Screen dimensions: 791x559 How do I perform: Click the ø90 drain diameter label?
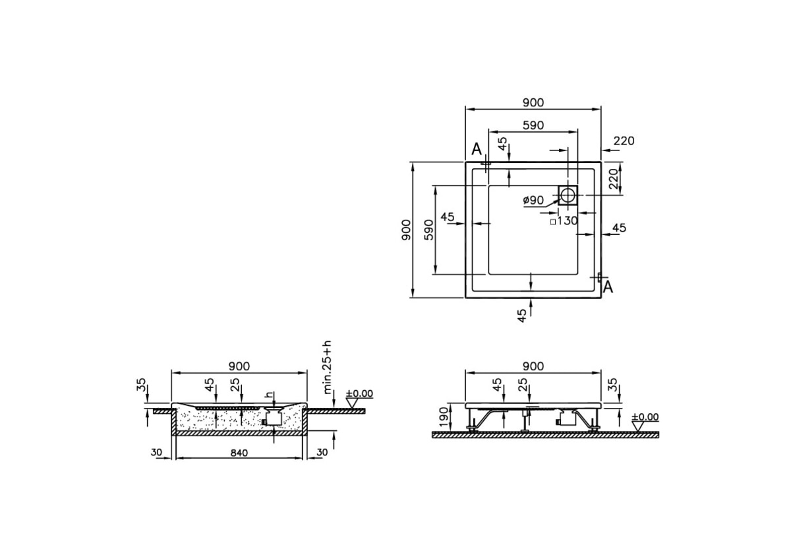tap(533, 201)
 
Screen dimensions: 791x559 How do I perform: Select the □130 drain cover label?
tap(564, 220)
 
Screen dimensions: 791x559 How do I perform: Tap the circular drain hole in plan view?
tap(568, 195)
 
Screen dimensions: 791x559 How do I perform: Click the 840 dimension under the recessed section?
tap(239, 453)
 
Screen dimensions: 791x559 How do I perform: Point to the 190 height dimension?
tap(444, 417)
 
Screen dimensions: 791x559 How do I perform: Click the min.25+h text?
tap(328, 368)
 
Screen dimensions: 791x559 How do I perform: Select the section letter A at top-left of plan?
tap(477, 149)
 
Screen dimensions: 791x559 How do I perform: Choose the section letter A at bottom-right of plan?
tap(608, 287)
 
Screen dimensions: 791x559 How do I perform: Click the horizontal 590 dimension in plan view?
tap(533, 125)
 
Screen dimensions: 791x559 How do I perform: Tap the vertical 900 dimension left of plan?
tap(406, 230)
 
